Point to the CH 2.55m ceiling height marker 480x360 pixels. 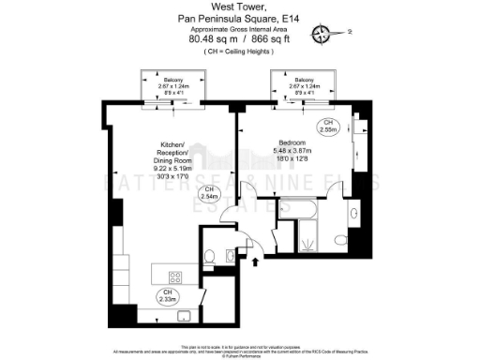(x=328, y=126)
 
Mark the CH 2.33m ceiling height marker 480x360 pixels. (x=166, y=296)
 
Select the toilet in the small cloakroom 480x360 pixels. (x=212, y=254)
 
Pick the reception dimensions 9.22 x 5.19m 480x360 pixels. (x=172, y=168)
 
